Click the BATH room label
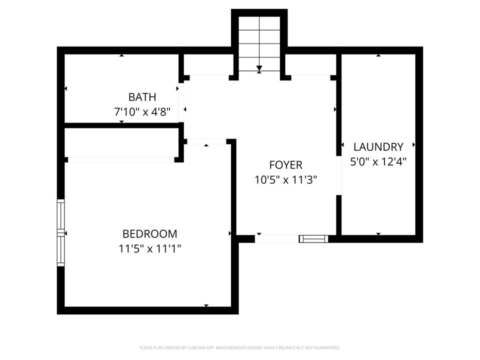click(x=142, y=96)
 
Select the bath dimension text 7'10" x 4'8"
click(x=142, y=112)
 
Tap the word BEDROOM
click(x=149, y=233)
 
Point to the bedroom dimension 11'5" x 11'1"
click(x=149, y=248)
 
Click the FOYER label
click(x=285, y=164)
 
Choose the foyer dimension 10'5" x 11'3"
click(x=285, y=179)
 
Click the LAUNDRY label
click(x=378, y=146)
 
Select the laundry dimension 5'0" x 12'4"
click(x=378, y=161)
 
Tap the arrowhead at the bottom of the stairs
click(x=259, y=68)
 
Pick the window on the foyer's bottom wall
click(x=313, y=239)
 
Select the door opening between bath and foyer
click(x=182, y=102)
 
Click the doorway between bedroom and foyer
click(x=206, y=142)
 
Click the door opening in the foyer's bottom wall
click(x=276, y=239)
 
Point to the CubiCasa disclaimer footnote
click(x=240, y=347)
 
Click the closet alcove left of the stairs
click(x=206, y=64)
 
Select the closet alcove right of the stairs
click(x=311, y=64)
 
